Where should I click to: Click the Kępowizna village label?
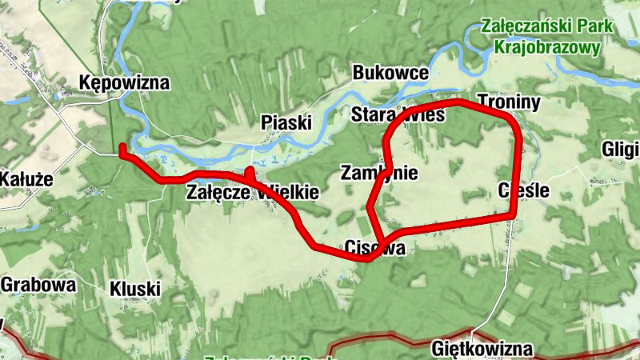pos(125,82)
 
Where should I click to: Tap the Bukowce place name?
pos(390,74)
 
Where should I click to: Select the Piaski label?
pos(286,122)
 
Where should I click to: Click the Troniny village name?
pos(509,102)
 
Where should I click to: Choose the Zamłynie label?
pos(380,173)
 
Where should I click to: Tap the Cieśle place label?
pos(523,191)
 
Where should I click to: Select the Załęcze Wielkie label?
pos(253,193)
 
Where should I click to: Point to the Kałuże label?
pos(26,178)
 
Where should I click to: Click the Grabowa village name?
pos(38,284)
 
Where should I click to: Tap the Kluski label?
pos(135,288)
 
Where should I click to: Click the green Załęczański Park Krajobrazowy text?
pos(547,37)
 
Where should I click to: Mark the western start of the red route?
pos(122,147)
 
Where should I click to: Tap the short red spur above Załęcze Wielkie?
pos(250,172)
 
